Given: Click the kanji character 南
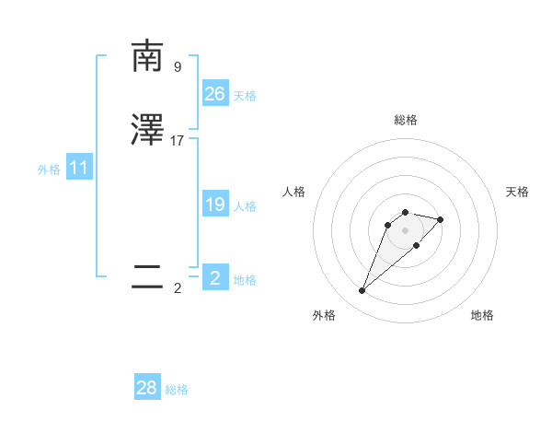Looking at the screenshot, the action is click(x=147, y=57).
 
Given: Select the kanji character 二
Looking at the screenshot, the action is click(x=147, y=278).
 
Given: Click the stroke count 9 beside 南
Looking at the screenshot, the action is click(x=178, y=67).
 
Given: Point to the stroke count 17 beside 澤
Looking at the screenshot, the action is click(x=178, y=141).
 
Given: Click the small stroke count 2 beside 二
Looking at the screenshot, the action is click(x=178, y=288).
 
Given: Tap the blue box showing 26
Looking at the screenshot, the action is click(x=215, y=94).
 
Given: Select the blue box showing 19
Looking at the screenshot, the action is click(x=215, y=205).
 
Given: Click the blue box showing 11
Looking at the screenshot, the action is click(x=79, y=168).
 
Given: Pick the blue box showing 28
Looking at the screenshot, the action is click(x=147, y=389).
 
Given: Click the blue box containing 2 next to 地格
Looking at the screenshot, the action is click(x=215, y=278).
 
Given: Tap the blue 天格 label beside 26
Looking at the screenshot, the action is click(x=245, y=96).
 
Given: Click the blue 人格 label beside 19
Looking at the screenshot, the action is click(x=245, y=206).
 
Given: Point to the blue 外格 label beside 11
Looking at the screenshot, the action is click(x=49, y=170).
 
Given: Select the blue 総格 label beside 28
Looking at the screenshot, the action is click(x=177, y=391).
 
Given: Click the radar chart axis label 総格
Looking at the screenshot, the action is click(x=405, y=120).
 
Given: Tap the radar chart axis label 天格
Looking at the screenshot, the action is click(x=518, y=192).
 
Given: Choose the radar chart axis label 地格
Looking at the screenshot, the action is click(x=482, y=315).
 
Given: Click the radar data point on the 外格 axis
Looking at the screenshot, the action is click(x=362, y=291).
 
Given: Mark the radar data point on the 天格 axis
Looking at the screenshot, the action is click(x=441, y=219).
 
